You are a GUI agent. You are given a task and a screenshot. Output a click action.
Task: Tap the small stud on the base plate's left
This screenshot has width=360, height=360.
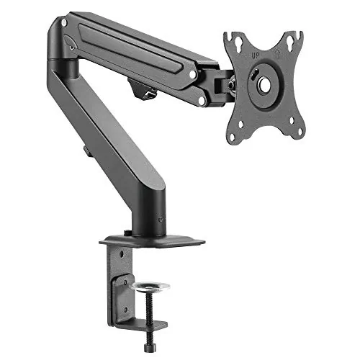127,233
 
